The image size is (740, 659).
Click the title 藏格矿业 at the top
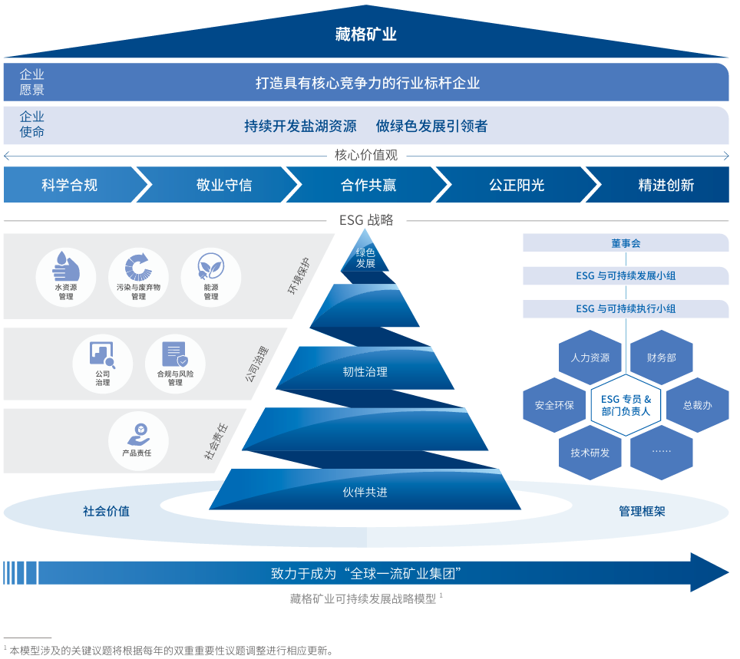point(366,35)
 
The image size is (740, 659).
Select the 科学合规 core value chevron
point(70,185)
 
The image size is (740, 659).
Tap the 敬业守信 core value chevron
point(223,185)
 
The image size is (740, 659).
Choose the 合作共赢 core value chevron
point(368,185)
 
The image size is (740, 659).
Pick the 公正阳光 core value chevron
point(516,185)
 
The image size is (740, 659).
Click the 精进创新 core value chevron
point(665,185)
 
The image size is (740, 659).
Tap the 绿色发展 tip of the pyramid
point(365,258)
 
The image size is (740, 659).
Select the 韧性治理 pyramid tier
point(365,371)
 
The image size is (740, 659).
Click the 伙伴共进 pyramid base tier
point(365,491)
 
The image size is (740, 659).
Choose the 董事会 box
point(626,243)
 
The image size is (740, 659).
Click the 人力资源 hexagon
point(590,358)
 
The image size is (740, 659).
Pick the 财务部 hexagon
point(662,358)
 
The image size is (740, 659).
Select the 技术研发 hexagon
point(590,453)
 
